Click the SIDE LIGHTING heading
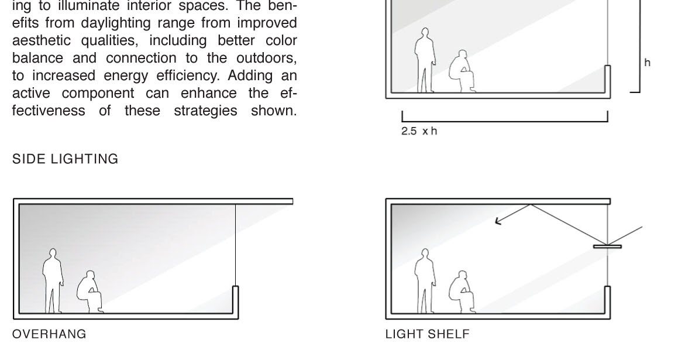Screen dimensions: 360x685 coord(65,159)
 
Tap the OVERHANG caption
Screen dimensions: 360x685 coord(49,334)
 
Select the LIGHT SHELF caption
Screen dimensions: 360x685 coord(427,334)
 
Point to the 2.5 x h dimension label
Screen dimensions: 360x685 coord(419,131)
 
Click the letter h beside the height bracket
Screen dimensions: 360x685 coord(648,63)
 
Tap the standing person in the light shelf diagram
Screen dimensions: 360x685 coord(425,281)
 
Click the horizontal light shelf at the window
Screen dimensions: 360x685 coord(607,246)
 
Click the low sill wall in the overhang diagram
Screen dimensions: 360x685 coord(236,301)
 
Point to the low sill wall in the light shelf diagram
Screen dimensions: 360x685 coord(608,301)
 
